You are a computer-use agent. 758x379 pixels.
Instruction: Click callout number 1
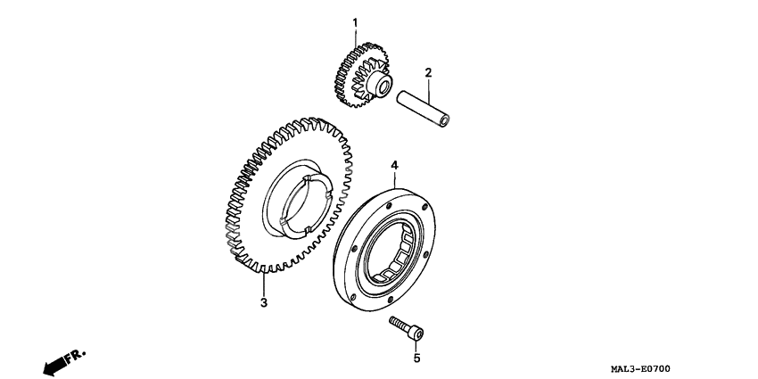coord(355,22)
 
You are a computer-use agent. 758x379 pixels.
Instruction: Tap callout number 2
coord(428,73)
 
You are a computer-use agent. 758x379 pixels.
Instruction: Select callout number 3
coord(263,303)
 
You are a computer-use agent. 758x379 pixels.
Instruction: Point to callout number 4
coord(394,165)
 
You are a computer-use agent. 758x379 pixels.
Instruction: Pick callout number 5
coord(416,358)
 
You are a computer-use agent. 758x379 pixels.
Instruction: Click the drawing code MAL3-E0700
coord(640,369)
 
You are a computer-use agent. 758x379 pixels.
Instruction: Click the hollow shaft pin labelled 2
coord(423,109)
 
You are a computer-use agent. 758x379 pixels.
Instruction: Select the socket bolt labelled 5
coord(406,328)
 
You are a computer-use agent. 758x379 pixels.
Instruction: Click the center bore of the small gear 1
coord(384,87)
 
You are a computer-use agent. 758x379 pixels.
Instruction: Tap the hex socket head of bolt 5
coord(416,333)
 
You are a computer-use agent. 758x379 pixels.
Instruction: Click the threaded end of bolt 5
coord(399,323)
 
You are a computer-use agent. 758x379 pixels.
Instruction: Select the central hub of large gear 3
coord(296,199)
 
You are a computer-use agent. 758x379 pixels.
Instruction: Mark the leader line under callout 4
coord(394,180)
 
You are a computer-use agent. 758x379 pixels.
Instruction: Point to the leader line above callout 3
coord(263,284)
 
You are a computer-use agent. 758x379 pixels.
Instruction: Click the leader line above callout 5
coord(416,346)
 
